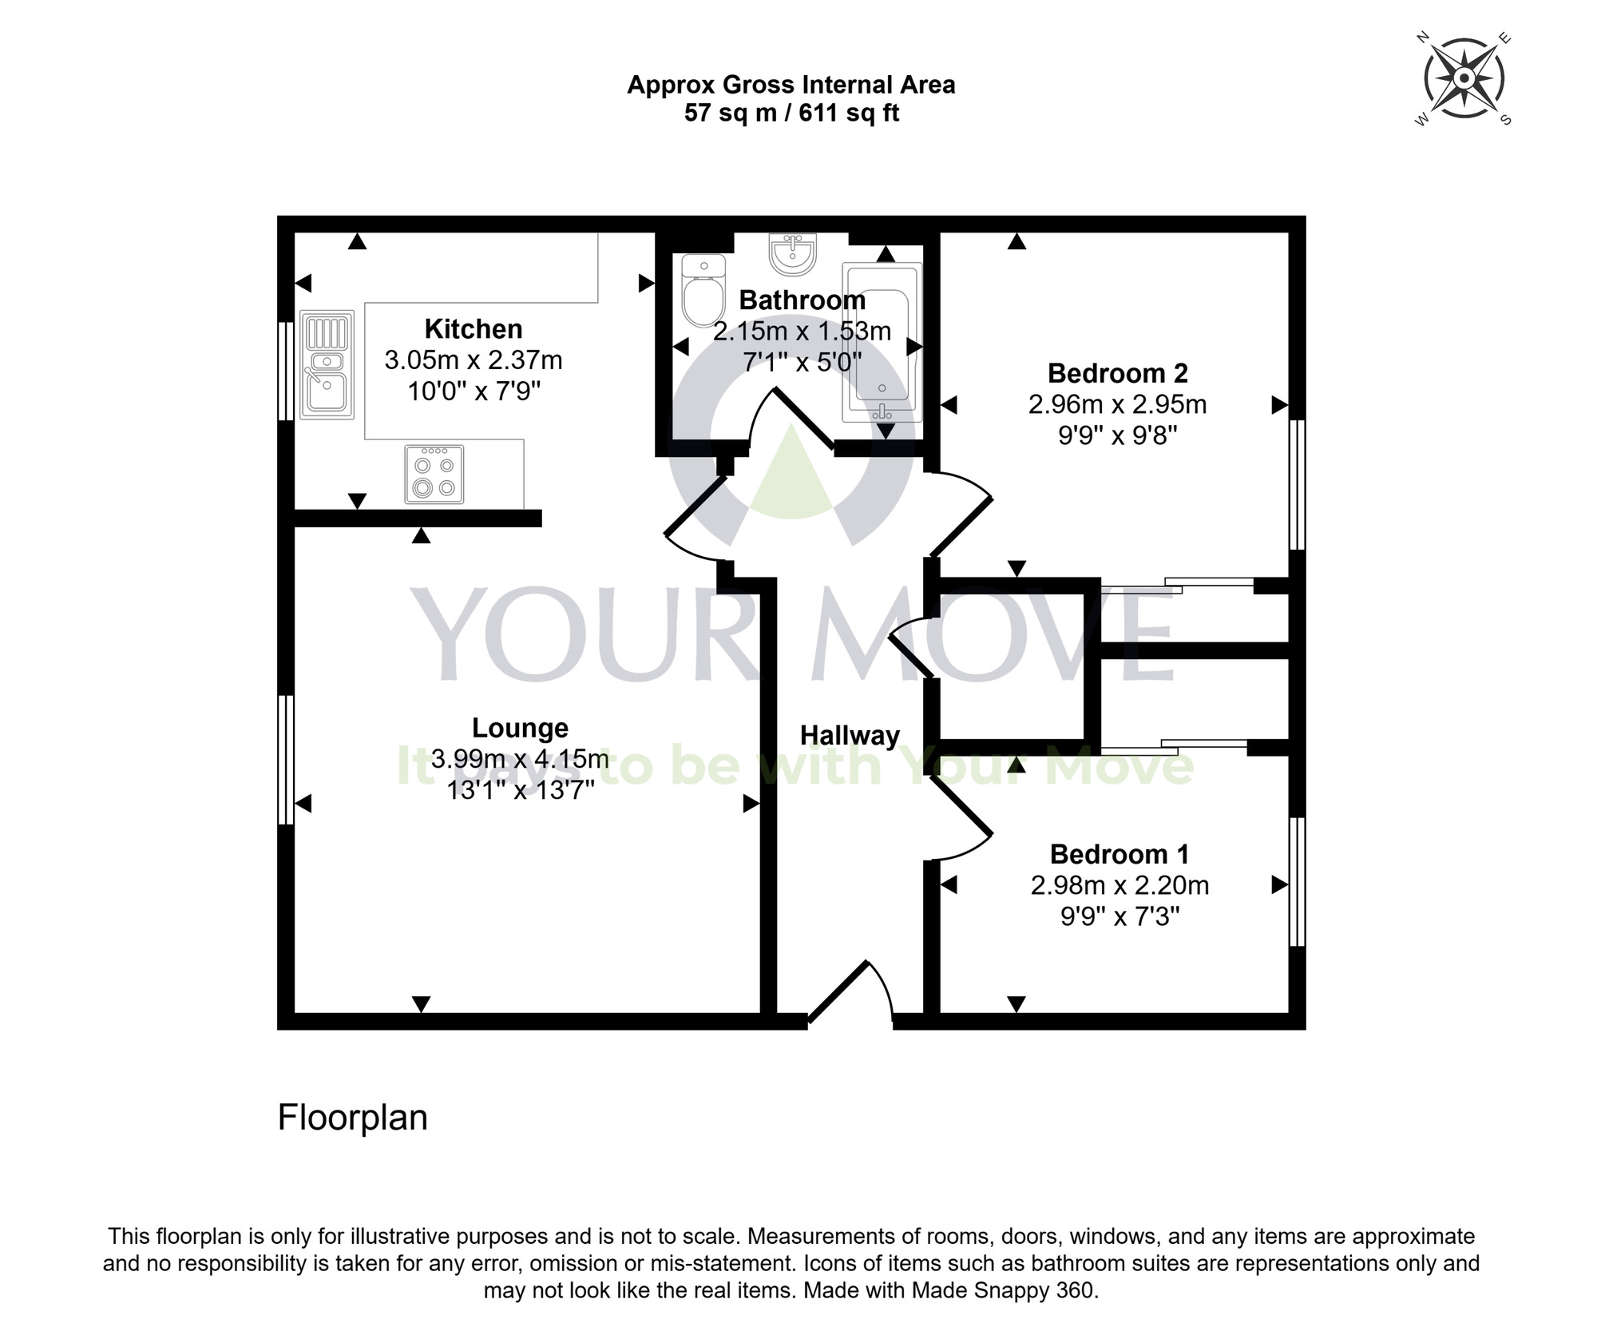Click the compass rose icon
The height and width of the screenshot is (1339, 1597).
1464,79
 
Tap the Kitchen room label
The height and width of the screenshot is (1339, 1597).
474,328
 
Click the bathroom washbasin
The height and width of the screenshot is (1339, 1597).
793,254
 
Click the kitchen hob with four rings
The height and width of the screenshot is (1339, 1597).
434,475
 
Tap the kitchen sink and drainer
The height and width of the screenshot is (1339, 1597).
327,364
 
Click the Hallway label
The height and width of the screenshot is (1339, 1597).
850,735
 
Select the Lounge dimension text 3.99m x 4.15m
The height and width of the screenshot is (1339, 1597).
520,758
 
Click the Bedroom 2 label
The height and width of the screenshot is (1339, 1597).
1117,373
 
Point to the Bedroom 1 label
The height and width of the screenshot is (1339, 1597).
1119,854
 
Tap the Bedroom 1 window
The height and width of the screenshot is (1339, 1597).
1298,881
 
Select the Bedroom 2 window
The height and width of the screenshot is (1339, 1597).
1298,484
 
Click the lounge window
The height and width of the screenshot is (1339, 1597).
285,759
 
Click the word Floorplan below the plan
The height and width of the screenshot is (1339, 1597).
352,1118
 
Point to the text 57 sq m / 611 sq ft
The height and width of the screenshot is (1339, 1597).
791,113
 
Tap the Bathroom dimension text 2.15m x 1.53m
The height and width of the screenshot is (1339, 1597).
802,331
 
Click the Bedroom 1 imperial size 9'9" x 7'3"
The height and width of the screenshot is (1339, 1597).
1119,916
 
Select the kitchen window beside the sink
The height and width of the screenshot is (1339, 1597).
285,371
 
